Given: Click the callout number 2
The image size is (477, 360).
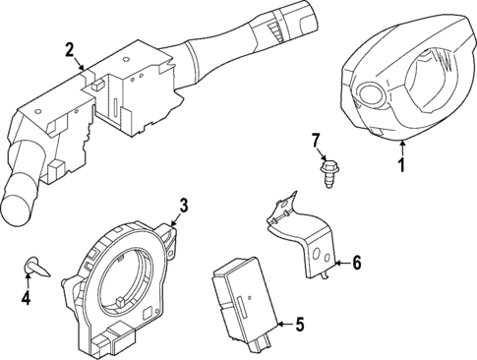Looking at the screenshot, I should point(69,49).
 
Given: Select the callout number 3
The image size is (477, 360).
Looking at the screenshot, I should point(182,206).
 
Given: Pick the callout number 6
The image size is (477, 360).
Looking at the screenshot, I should point(357,263).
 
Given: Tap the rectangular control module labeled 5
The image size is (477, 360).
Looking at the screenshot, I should point(247,296).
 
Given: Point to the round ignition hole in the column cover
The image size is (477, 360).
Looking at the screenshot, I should point(372,95).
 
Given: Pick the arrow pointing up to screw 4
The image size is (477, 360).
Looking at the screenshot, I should point(28,280).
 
